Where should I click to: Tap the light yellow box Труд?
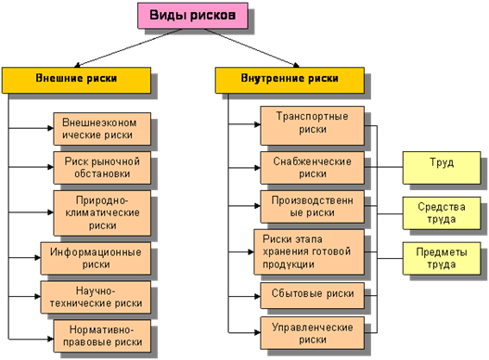coord(441,168)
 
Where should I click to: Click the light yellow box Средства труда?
coord(441,212)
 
